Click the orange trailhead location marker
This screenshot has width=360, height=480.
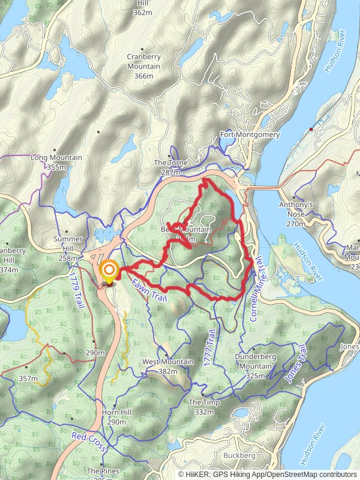click(x=109, y=272)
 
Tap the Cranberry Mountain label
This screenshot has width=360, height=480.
click(x=143, y=62)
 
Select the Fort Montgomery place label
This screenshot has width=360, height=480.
click(x=250, y=135)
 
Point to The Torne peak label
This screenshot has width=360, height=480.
click(x=171, y=163)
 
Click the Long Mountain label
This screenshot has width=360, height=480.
click(x=56, y=158)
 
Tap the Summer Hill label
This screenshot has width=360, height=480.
click(x=68, y=240)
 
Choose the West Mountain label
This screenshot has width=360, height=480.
click(x=168, y=362)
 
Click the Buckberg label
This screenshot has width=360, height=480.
click(x=239, y=455)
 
